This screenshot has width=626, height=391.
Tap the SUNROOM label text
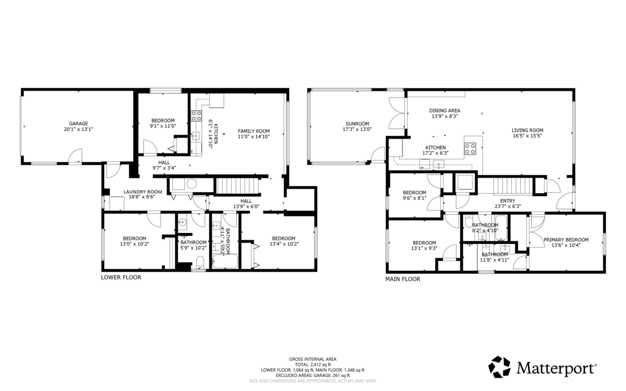tap(356, 124)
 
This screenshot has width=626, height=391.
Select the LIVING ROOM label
tap(527, 131)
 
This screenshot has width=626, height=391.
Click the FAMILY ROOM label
tap(254, 131)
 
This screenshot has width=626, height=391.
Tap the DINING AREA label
tap(444, 111)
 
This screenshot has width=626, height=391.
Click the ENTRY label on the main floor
tap(507, 201)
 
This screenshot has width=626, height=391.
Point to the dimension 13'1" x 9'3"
tap(424, 248)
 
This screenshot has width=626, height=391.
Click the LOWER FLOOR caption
tap(121, 278)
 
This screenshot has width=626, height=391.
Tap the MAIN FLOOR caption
tap(402, 279)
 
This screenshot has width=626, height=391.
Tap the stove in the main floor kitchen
tap(471, 148)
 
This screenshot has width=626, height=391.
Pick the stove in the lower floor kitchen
tap(197, 116)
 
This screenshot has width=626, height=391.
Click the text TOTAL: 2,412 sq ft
tap(312, 364)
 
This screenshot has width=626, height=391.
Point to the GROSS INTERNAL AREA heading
tap(312, 359)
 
